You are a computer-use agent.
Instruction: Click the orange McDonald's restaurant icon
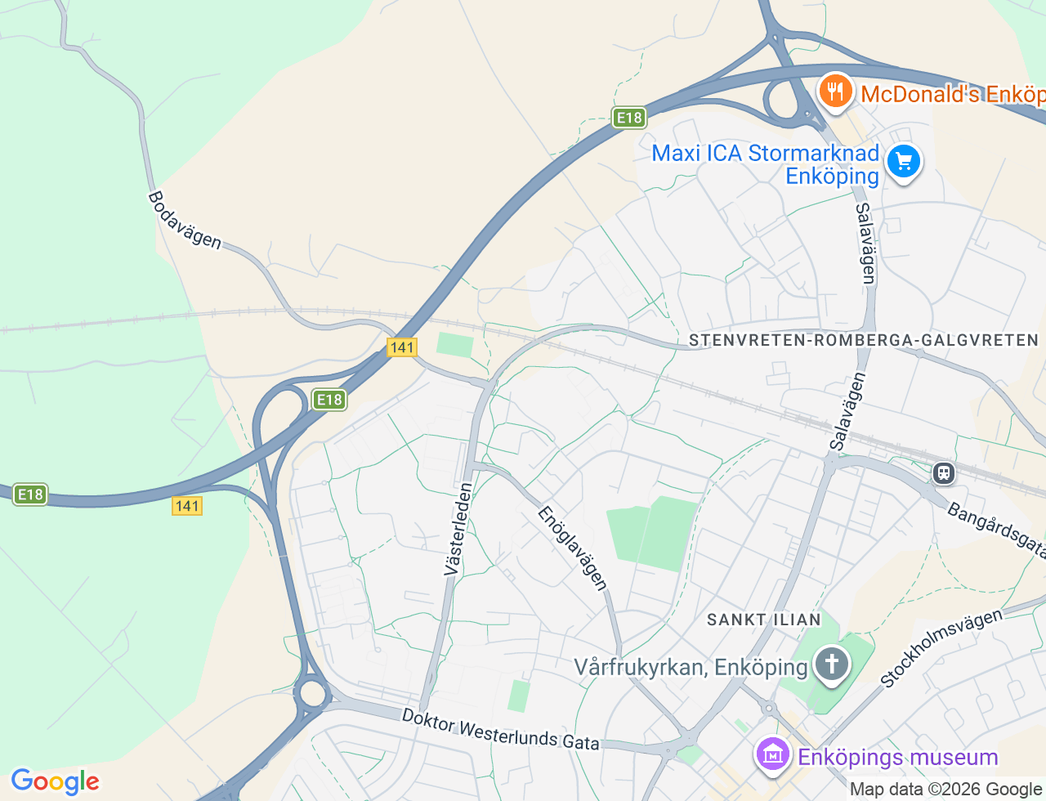click(x=834, y=91)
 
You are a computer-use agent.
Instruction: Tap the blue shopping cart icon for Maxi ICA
click(x=904, y=161)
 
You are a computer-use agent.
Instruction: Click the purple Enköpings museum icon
click(x=772, y=755)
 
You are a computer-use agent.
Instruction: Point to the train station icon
click(x=944, y=472)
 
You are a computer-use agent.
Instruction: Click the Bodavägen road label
click(x=185, y=220)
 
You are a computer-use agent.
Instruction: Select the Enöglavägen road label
click(x=573, y=548)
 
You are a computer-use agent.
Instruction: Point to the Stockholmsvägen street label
click(x=941, y=647)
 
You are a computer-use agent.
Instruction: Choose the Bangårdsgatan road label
click(x=995, y=531)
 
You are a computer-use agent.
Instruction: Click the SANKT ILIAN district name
click(x=763, y=620)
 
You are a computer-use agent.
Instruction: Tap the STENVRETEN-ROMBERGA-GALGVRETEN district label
click(x=863, y=340)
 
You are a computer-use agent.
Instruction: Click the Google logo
click(x=55, y=781)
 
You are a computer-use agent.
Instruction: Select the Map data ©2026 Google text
click(x=946, y=789)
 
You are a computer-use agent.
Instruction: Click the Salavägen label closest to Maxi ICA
click(x=865, y=244)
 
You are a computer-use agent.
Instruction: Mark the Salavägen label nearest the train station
click(x=847, y=411)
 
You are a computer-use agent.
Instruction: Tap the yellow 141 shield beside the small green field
click(x=402, y=347)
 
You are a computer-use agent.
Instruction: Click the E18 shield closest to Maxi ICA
click(x=629, y=118)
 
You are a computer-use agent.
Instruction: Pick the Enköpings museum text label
click(x=897, y=757)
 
